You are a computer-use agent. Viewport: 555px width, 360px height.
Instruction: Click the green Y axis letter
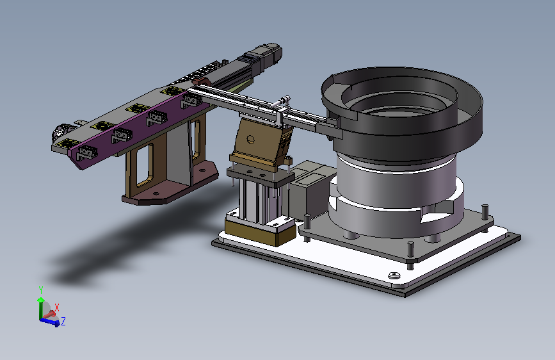pos(41,290)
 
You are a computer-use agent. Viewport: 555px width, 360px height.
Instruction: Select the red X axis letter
pos(56,307)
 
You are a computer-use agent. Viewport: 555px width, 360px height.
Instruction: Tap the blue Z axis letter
pos(63,322)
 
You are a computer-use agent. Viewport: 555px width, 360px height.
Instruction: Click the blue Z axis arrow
pos(50,322)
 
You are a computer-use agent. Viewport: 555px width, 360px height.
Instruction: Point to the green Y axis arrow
pos(41,308)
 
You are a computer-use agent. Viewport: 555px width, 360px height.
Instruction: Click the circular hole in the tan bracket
pos(250,140)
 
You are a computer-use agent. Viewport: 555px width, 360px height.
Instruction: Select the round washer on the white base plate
pos(394,275)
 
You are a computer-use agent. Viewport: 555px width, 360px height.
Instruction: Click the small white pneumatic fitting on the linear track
pos(282,101)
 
